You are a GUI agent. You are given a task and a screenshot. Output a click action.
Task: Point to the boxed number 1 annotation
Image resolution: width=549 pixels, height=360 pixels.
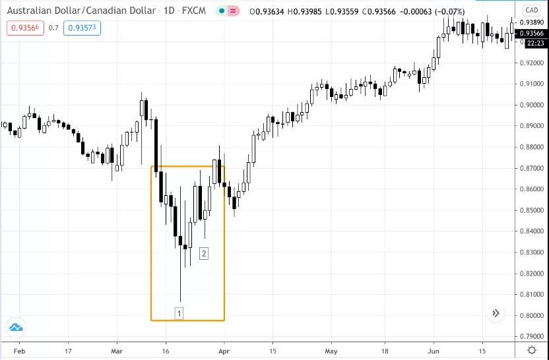tap(179, 313)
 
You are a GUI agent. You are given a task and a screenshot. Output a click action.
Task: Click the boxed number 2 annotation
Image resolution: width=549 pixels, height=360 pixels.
tap(204, 253)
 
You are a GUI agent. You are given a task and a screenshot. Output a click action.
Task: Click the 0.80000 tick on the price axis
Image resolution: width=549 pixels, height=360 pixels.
tap(531, 316)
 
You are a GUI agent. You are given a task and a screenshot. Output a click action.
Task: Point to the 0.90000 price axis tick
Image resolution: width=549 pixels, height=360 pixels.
tap(531, 105)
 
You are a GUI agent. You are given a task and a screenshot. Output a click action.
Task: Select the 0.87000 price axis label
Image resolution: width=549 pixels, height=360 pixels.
tap(531, 168)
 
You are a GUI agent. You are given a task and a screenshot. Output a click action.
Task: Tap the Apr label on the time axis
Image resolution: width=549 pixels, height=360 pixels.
tap(224, 351)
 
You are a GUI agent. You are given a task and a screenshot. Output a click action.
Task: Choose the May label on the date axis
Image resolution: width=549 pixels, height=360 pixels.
tap(331, 351)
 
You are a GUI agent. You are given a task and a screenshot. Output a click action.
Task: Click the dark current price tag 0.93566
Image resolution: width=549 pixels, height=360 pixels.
tap(531, 33)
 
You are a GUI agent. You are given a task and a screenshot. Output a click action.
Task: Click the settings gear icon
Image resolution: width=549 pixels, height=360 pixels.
tap(531, 351)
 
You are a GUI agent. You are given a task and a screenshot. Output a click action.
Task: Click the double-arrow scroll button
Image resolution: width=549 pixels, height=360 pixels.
tap(496, 314)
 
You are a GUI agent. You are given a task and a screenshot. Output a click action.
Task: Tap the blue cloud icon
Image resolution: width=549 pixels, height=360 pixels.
tap(16, 327)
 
